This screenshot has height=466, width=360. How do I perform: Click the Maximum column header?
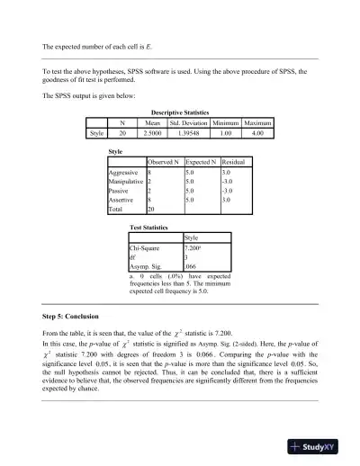[x=257, y=122]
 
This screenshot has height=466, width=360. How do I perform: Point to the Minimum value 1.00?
[x=229, y=133]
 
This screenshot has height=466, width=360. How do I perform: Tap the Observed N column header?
[x=164, y=160]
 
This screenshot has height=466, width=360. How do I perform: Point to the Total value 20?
[x=151, y=210]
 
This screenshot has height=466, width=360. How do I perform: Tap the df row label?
[x=133, y=257]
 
